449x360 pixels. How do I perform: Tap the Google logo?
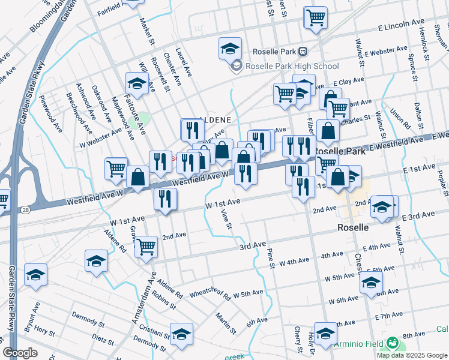20,353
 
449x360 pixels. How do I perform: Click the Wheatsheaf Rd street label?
210,293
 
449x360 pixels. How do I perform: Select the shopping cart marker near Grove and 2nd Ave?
146,246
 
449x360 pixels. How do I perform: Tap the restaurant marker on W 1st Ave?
165,199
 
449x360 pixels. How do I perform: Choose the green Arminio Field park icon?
393,344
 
